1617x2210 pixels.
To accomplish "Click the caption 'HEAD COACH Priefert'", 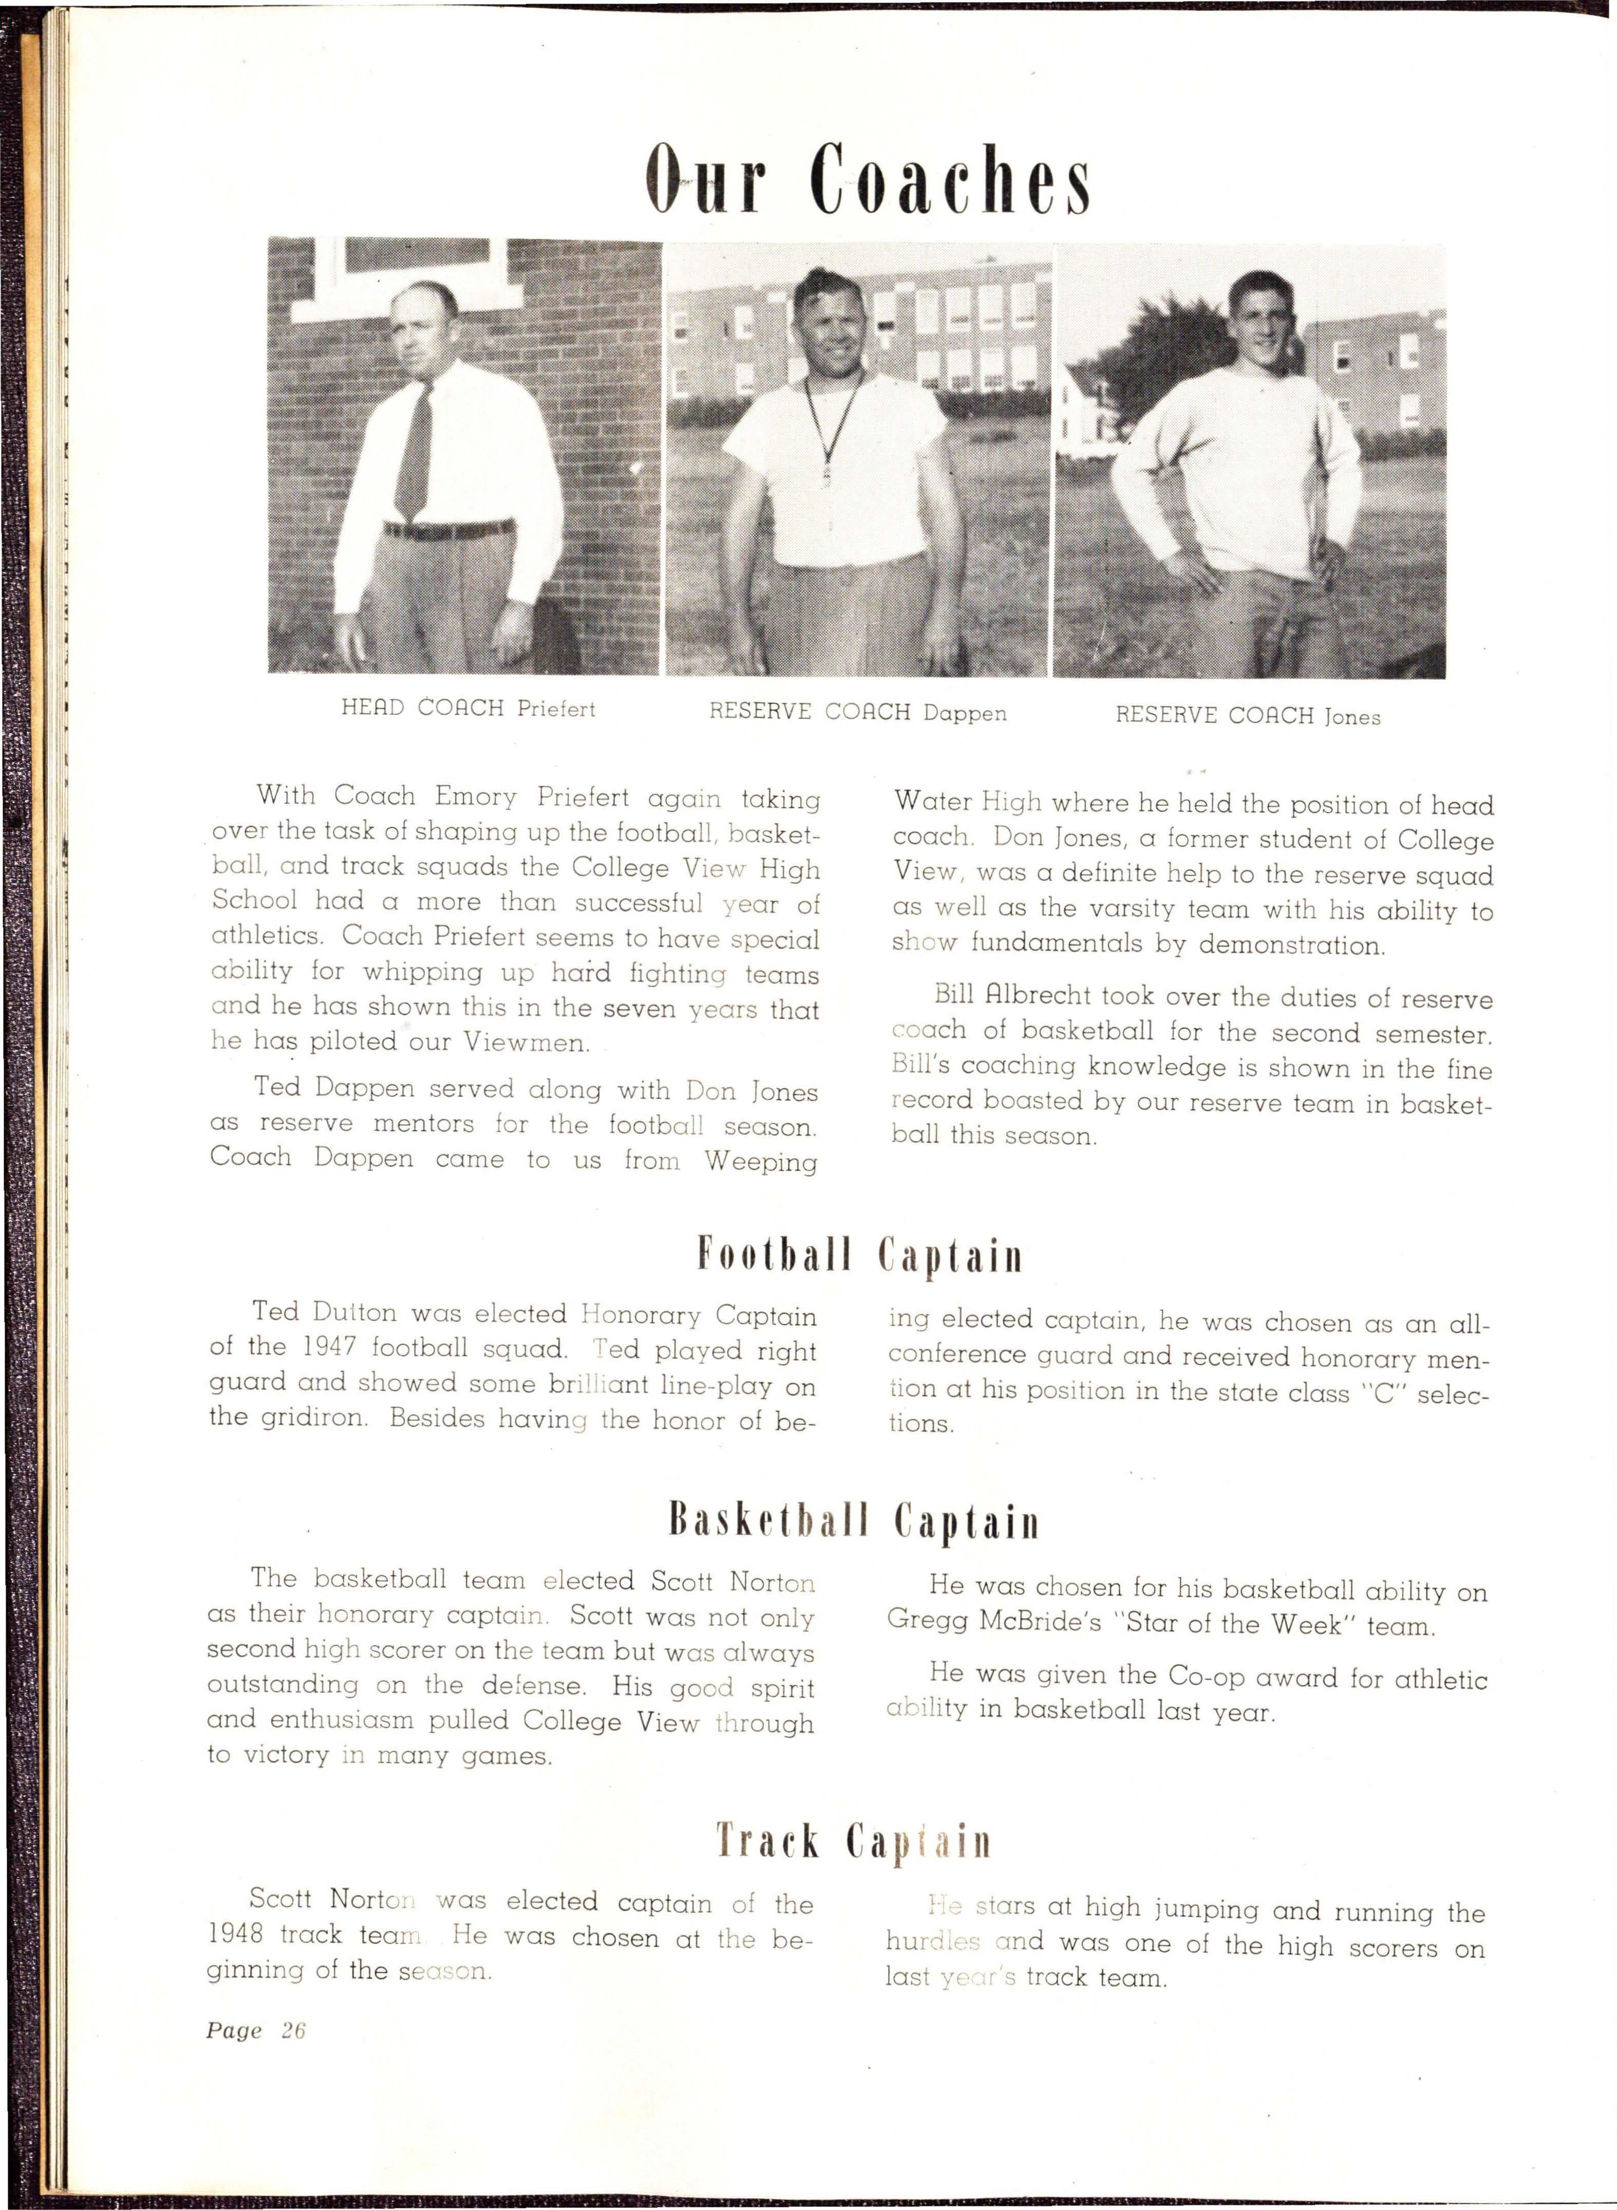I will click(468, 708).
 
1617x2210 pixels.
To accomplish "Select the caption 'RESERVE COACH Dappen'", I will click(857, 712).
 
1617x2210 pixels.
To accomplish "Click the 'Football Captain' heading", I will click(859, 1255).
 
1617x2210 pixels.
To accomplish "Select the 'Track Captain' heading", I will click(854, 1841).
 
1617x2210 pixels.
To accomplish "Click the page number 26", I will click(294, 2031).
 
